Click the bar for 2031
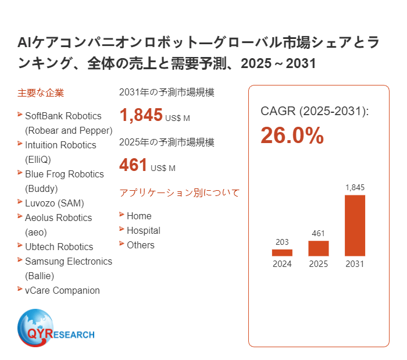[355, 226]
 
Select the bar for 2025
[319, 248]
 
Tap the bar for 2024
[282, 253]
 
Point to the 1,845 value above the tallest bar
[355, 187]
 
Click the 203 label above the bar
[282, 242]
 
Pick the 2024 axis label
[282, 264]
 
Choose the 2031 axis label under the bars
[355, 264]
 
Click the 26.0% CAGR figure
[292, 136]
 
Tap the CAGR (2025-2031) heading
[315, 111]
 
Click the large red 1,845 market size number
[141, 115]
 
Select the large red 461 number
[133, 165]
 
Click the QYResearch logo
[56, 329]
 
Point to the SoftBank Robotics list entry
[63, 116]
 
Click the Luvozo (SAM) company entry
[55, 203]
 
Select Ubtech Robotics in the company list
[59, 247]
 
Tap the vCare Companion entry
[62, 290]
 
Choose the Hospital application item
[143, 230]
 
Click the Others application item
[141, 245]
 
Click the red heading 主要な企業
[41, 92]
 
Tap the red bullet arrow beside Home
[122, 215]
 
